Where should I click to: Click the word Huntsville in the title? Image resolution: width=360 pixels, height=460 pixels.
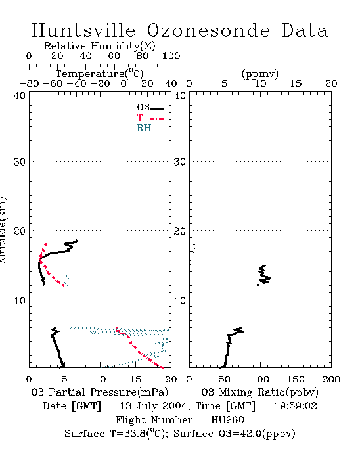pos(83,30)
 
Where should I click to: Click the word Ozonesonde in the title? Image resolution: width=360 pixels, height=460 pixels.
pos(208,30)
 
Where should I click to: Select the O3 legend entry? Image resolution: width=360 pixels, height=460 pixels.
pos(150,108)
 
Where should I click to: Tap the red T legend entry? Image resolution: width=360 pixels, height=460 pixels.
pos(150,118)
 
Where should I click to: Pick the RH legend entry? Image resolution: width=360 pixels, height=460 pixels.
pos(150,128)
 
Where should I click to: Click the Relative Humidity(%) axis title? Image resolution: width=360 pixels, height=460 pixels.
pos(100,46)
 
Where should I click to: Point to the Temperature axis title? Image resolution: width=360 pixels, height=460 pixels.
pos(100,74)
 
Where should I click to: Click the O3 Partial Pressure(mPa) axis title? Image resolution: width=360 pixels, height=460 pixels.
pos(100,392)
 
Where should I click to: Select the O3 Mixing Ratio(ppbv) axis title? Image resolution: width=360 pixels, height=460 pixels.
pos(259,392)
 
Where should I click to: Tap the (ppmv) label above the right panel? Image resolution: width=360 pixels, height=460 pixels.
pos(260,74)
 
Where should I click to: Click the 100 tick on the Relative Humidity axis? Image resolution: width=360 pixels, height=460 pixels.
pos(171,56)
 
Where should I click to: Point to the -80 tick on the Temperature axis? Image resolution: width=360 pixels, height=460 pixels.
pos(29,84)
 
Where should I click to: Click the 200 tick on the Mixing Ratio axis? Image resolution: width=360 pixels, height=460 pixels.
pos(331,379)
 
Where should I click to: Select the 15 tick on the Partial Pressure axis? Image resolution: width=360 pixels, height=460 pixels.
pos(135,379)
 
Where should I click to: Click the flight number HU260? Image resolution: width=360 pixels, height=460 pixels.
pos(227,420)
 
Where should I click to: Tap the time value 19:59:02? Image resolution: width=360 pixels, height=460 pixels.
pos(296,406)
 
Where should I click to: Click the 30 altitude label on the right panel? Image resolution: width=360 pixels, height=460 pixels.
pos(180,162)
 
